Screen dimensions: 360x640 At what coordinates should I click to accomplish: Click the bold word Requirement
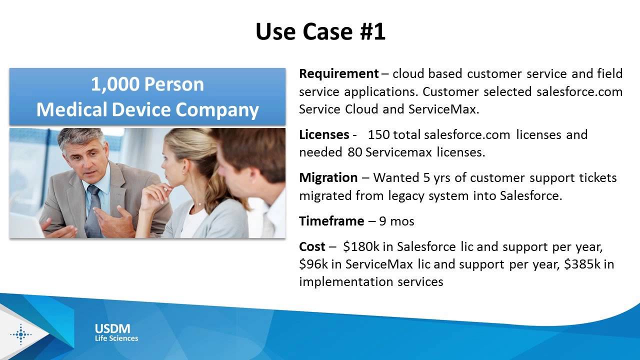tap(338, 74)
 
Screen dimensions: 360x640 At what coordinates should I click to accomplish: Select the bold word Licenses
tap(324, 134)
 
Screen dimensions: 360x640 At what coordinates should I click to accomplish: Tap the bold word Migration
tap(328, 178)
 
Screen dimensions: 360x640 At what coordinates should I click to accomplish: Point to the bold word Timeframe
tap(331, 221)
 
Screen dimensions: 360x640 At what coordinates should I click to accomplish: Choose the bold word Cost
tap(312, 246)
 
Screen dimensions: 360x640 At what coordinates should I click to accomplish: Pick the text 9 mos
tap(397, 221)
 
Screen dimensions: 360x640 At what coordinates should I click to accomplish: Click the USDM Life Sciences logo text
tap(116, 332)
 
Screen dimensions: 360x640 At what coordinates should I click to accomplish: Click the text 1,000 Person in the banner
tap(147, 84)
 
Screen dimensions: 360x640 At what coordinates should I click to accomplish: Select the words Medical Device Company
tap(147, 109)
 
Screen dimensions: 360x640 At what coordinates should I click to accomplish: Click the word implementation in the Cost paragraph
tap(340, 282)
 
